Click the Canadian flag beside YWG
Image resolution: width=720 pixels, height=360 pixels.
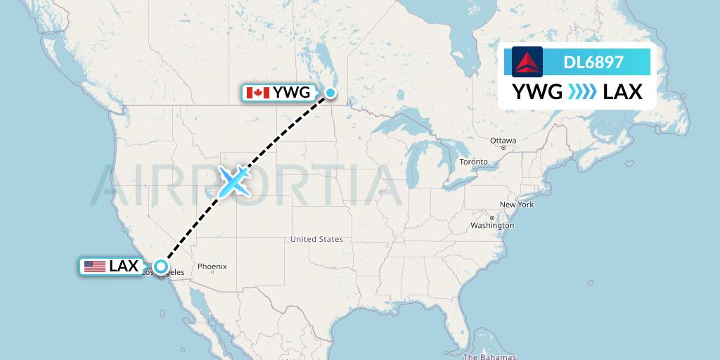257,93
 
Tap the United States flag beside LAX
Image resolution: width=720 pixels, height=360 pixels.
94,266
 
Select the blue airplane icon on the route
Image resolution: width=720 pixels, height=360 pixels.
233,181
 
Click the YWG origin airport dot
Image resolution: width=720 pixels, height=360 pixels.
330,92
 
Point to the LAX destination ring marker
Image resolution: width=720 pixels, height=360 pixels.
161,266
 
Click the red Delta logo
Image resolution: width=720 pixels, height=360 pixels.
527,62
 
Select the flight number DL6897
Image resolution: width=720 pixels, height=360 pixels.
593,63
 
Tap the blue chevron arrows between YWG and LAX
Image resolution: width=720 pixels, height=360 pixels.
582,92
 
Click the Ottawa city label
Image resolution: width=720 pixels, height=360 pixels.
503,141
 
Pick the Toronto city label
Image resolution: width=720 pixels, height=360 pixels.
473,162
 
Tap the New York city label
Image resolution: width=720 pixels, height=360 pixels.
517,205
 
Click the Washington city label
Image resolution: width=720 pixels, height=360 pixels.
492,226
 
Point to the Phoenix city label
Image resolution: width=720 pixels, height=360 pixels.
212,266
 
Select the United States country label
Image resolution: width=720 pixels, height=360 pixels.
316,239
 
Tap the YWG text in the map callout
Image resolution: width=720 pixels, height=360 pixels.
291,93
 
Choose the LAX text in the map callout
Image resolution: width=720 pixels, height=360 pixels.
124,266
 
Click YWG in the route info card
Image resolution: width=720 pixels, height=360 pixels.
537,92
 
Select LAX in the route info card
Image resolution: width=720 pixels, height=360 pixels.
622,92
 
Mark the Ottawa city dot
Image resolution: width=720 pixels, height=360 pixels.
503,148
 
